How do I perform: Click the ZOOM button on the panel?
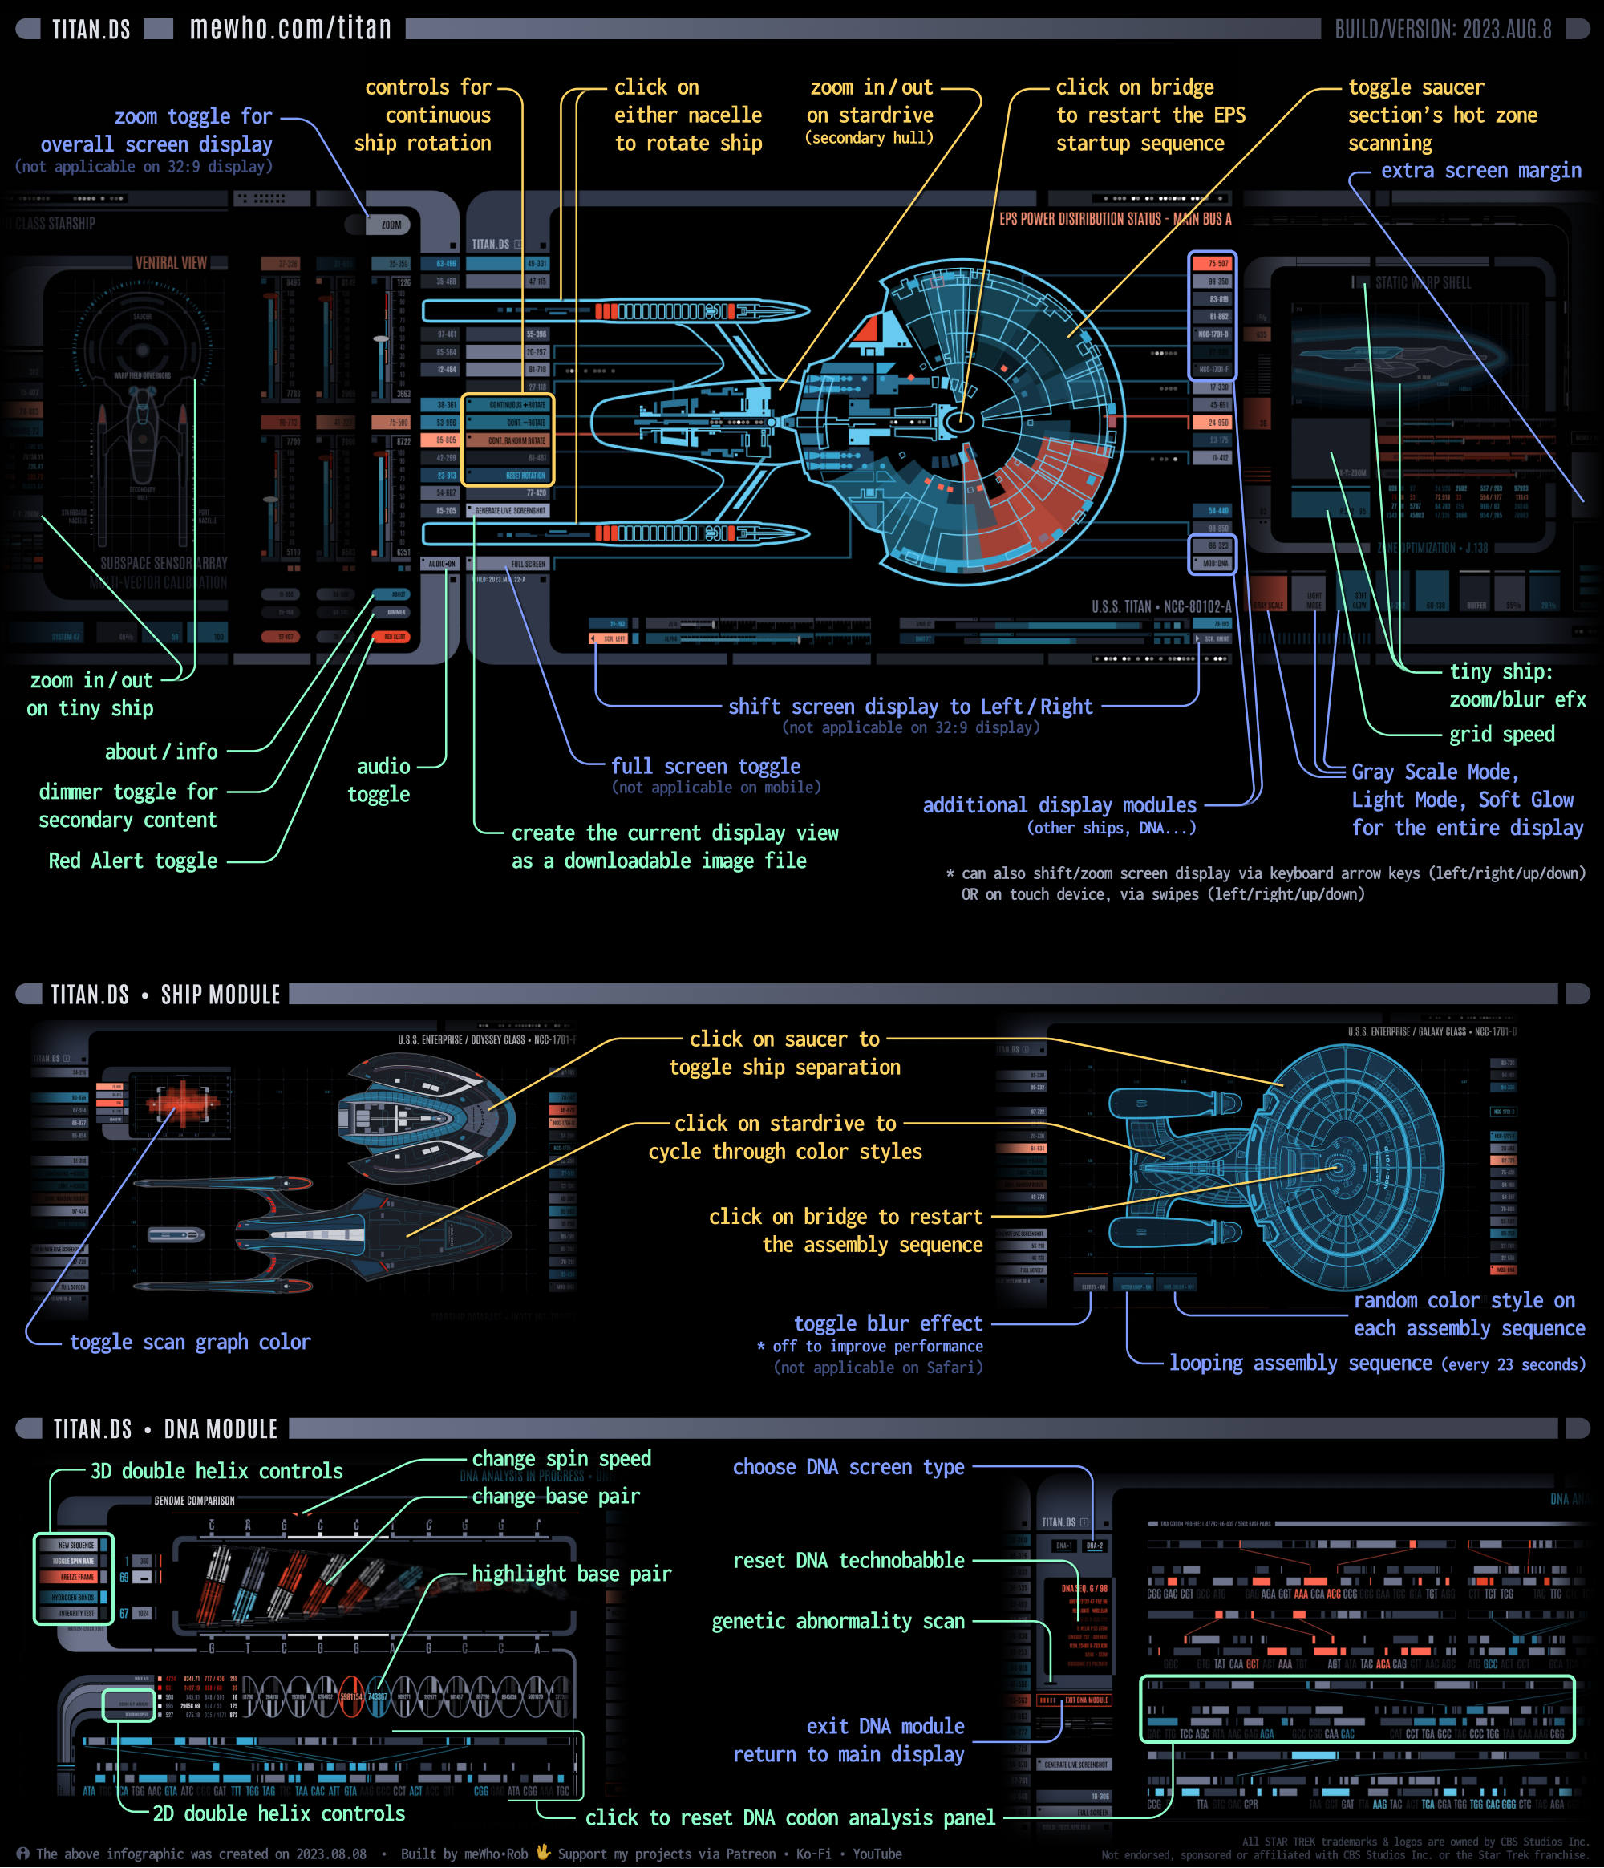[x=391, y=225]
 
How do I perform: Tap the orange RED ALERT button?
[x=393, y=637]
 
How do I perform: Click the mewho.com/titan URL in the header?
[x=290, y=29]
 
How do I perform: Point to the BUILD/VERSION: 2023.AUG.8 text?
[x=1443, y=30]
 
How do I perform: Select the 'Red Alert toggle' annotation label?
[x=132, y=861]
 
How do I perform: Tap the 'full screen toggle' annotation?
[x=706, y=766]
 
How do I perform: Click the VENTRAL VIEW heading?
[x=172, y=263]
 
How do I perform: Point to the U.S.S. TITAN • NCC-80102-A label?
[x=1161, y=606]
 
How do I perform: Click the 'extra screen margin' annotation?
[x=1480, y=172]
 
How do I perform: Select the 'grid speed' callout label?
[x=1501, y=734]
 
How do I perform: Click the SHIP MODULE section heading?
[x=220, y=995]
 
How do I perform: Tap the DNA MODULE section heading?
[x=220, y=1429]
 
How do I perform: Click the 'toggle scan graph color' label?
[x=190, y=1343]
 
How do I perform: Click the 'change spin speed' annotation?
[x=561, y=1459]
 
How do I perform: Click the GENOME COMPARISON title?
[x=194, y=1501]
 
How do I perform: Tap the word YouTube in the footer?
[x=877, y=1854]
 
